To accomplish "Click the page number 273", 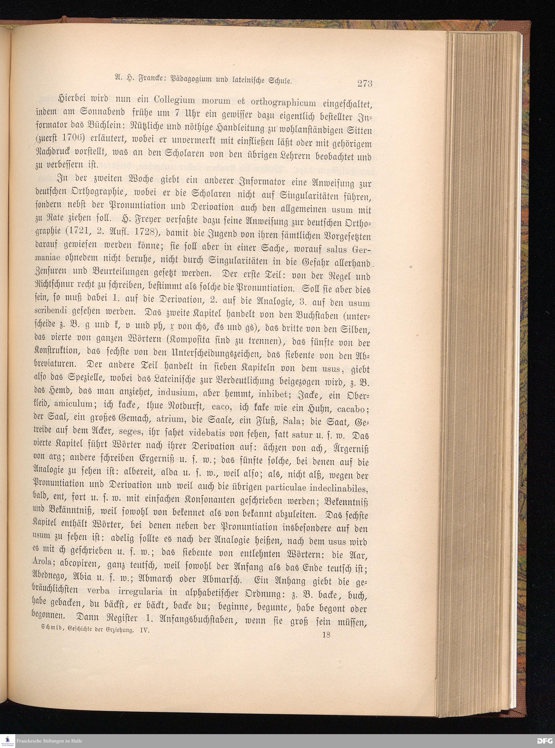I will [365, 84].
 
